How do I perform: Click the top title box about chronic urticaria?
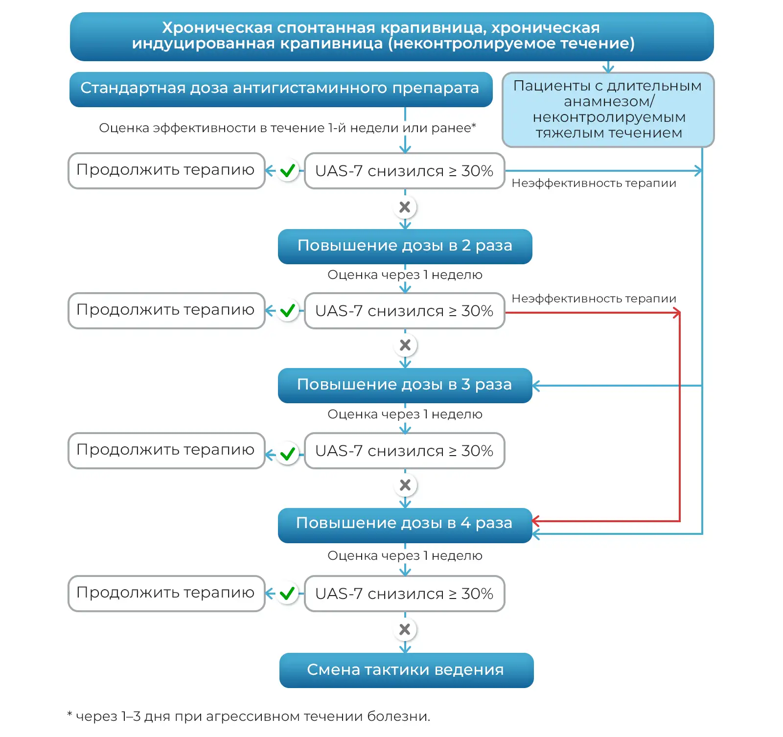pyautogui.click(x=391, y=37)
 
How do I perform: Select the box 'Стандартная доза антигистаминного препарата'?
pyautogui.click(x=281, y=90)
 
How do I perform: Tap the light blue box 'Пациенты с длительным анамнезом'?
pyautogui.click(x=608, y=110)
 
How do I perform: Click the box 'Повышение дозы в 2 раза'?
pyautogui.click(x=405, y=247)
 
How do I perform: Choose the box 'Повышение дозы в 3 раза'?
pyautogui.click(x=405, y=386)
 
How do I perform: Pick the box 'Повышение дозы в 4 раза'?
pyautogui.click(x=405, y=525)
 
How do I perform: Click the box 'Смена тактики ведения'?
pyautogui.click(x=406, y=670)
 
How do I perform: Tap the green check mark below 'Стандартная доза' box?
pyautogui.click(x=288, y=171)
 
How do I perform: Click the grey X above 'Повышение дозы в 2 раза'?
pyautogui.click(x=405, y=207)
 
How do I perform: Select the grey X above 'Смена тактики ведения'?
pyautogui.click(x=405, y=629)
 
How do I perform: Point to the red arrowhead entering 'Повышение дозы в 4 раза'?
pyautogui.click(x=536, y=521)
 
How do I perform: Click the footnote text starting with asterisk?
pyautogui.click(x=249, y=716)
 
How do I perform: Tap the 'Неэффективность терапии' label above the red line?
pyautogui.click(x=594, y=299)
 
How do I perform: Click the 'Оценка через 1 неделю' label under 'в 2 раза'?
pyautogui.click(x=405, y=275)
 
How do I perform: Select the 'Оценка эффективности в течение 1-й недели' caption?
pyautogui.click(x=287, y=128)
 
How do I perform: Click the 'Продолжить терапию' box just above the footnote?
pyautogui.click(x=166, y=594)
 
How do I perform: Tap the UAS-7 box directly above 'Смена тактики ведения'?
pyautogui.click(x=405, y=594)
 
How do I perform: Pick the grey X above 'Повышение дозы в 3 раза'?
pyautogui.click(x=405, y=345)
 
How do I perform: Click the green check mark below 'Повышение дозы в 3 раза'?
pyautogui.click(x=288, y=454)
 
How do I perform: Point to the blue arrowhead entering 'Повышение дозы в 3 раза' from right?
pyautogui.click(x=536, y=386)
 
